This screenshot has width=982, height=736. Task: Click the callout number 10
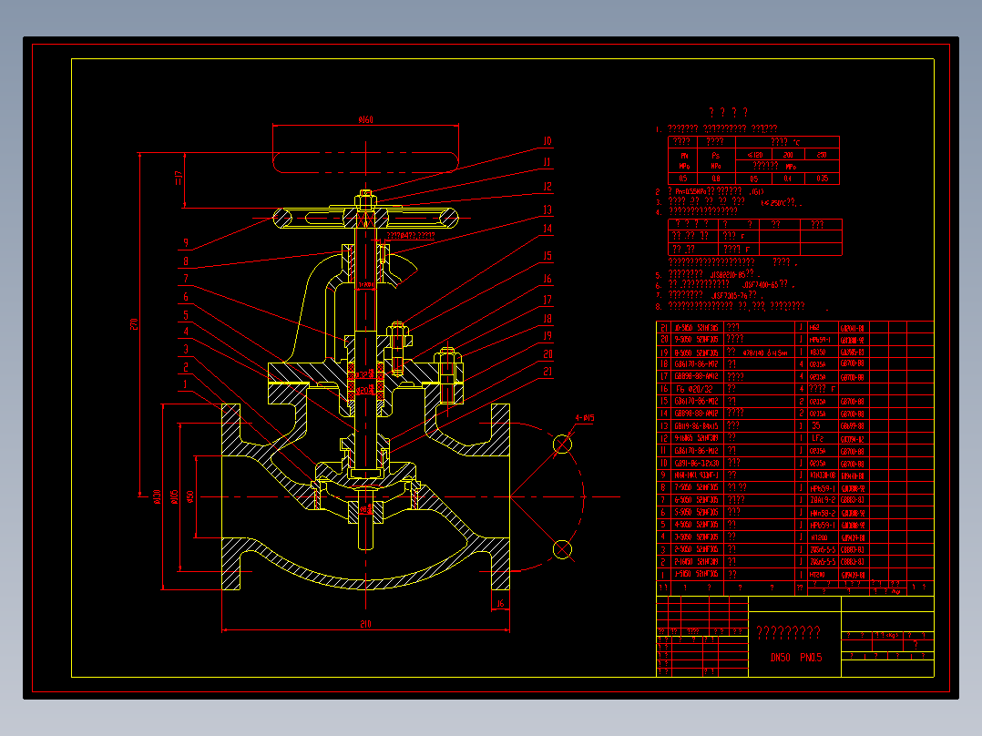point(547,141)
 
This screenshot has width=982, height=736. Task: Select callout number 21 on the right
point(547,371)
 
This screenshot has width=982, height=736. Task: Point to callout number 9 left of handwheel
point(185,243)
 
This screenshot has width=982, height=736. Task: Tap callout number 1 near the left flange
point(185,384)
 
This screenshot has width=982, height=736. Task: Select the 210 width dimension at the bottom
point(365,624)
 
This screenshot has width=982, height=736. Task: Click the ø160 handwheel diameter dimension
point(365,119)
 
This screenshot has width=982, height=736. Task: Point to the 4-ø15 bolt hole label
point(584,418)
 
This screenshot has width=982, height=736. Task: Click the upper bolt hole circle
point(563,444)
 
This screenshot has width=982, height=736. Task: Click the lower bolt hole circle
point(563,548)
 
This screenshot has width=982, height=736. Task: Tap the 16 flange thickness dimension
point(500,603)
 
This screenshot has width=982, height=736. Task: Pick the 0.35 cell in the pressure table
point(823,179)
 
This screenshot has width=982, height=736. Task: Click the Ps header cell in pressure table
point(716,155)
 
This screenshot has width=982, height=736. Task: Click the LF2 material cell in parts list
point(817,439)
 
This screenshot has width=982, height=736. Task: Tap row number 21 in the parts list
point(664,327)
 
